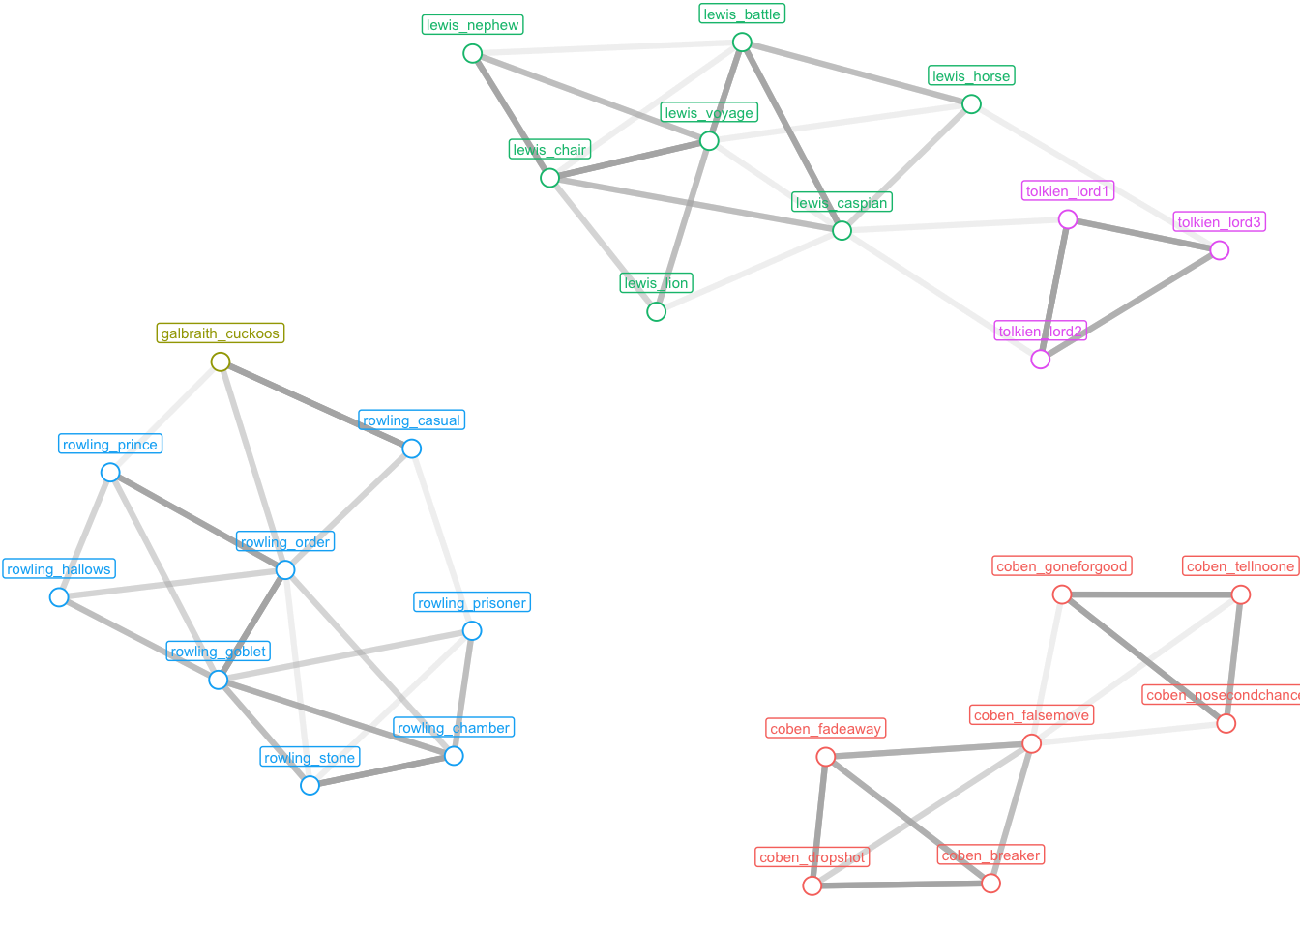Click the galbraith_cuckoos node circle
point(221,362)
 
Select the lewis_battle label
point(742,14)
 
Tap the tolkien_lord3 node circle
point(1220,250)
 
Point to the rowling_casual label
point(411,420)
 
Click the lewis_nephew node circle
point(472,53)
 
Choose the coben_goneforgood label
point(1062,566)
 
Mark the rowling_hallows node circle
point(59,596)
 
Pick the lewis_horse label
point(971,76)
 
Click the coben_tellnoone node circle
point(1241,594)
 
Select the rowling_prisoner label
point(472,603)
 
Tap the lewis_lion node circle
point(656,311)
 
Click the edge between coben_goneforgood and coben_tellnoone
point(1151,594)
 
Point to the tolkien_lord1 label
point(1068,191)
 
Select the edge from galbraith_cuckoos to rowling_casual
point(315,405)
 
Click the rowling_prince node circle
point(110,472)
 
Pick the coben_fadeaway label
point(825,729)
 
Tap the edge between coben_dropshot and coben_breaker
point(901,884)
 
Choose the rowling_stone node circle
point(310,785)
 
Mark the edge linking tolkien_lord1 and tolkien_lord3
point(1143,235)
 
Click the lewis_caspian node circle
point(842,230)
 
